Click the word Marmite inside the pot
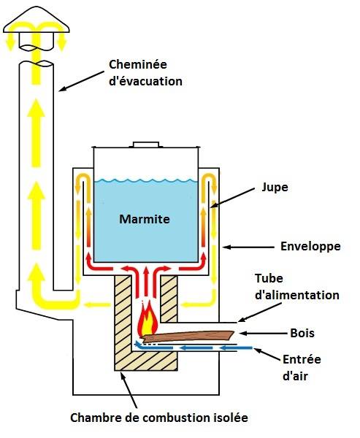coord(145,219)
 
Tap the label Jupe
coord(275,188)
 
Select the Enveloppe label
coord(310,247)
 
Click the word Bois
coord(302,333)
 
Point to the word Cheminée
coord(138,64)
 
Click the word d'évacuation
coord(145,81)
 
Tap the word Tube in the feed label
coord(269,278)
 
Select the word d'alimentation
coord(297,295)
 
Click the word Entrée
coord(302,359)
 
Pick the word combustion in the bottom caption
coord(177,418)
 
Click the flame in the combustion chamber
coord(148,318)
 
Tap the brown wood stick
coord(188,337)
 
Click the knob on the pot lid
coord(146,145)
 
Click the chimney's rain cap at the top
coord(36,20)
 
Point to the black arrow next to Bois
coord(264,334)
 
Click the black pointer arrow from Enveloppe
coord(248,247)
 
